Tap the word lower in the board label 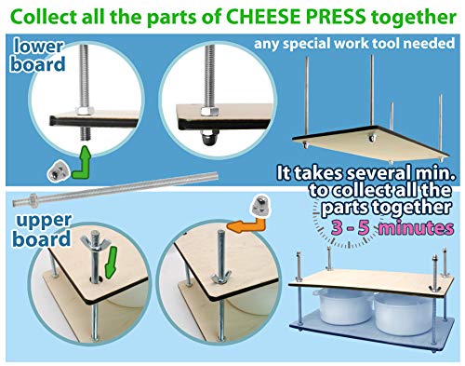(39, 47)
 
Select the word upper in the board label (44, 221)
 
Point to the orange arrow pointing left (246, 224)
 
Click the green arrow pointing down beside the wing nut (111, 263)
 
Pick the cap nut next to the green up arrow (59, 171)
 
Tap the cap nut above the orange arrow (261, 205)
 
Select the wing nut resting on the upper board (221, 277)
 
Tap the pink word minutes (417, 228)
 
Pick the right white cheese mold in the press (404, 314)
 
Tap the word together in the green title (414, 19)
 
